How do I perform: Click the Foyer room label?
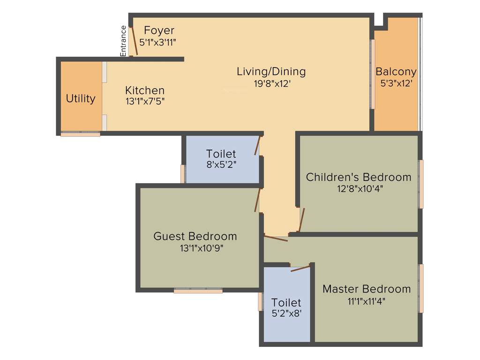click(159, 30)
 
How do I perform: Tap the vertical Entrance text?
click(124, 41)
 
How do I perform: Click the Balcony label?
click(396, 72)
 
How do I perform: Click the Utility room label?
click(81, 98)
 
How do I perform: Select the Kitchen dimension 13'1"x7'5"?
click(145, 101)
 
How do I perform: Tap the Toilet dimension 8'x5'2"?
click(221, 165)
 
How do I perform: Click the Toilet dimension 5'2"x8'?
click(286, 314)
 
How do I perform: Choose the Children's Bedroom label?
click(359, 177)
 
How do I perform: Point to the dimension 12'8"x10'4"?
click(359, 189)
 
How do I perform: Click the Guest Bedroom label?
click(195, 236)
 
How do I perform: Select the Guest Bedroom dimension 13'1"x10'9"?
click(201, 248)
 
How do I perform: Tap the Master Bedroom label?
click(367, 289)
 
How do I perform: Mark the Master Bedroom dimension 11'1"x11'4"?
click(367, 301)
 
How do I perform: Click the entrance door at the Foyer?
click(134, 41)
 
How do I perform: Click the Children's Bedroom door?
click(302, 220)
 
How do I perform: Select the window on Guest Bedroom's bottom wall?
click(198, 291)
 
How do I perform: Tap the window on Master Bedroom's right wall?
click(421, 288)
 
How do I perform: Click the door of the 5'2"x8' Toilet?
click(300, 268)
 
